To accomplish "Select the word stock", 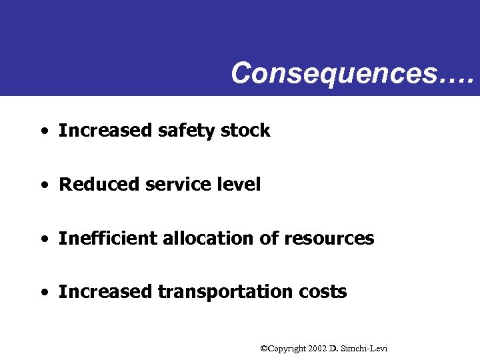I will [245, 131].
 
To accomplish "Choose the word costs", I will [323, 292].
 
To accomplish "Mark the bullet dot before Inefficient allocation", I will [43, 239].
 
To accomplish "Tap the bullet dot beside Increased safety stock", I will [43, 131].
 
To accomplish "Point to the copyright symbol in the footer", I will [264, 349].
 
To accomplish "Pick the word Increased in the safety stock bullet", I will [105, 131].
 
